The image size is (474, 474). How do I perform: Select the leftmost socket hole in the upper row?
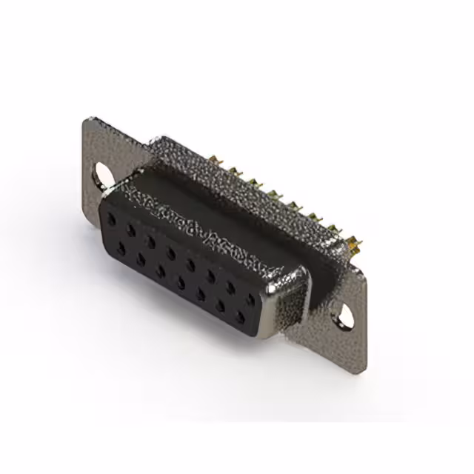[x=111, y=220]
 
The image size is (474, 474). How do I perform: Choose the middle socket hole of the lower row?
[x=181, y=283]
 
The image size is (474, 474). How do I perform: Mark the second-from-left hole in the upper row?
[x=131, y=230]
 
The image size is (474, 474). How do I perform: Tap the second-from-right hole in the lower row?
[x=220, y=307]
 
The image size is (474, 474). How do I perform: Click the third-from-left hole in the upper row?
[x=151, y=241]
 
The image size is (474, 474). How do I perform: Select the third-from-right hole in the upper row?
[x=210, y=277]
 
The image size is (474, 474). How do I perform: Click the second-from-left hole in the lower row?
[x=141, y=261]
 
